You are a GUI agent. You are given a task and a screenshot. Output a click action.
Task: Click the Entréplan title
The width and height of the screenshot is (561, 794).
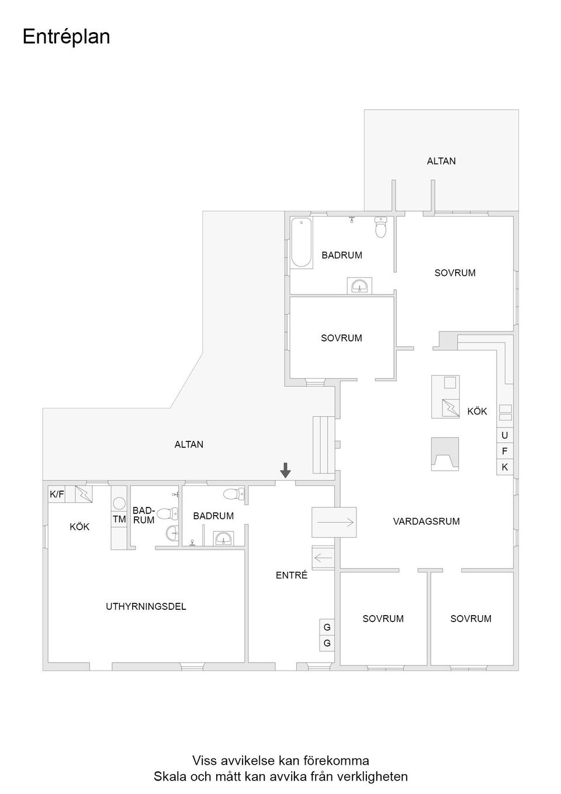pyautogui.click(x=66, y=37)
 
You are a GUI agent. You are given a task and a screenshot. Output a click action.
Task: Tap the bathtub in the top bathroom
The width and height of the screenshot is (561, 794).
pyautogui.click(x=302, y=242)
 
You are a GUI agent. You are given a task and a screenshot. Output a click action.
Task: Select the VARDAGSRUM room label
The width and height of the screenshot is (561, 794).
pyautogui.click(x=426, y=521)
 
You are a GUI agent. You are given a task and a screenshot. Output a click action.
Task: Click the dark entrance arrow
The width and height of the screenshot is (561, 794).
pyautogui.click(x=285, y=470)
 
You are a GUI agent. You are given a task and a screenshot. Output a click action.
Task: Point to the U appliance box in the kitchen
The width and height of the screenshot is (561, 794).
pyautogui.click(x=504, y=436)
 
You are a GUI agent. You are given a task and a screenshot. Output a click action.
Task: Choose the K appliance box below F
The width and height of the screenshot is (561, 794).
pyautogui.click(x=504, y=467)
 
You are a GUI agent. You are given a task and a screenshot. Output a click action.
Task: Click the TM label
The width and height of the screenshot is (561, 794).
pyautogui.click(x=119, y=519)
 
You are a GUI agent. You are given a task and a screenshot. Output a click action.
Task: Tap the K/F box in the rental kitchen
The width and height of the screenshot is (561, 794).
pyautogui.click(x=57, y=494)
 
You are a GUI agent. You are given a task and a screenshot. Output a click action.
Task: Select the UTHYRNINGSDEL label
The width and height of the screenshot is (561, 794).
pyautogui.click(x=146, y=606)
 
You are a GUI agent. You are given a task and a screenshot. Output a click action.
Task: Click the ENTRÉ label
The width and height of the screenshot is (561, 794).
pyautogui.click(x=292, y=575)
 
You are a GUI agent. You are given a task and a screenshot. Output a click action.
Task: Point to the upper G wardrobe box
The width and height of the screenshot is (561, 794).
pyautogui.click(x=327, y=627)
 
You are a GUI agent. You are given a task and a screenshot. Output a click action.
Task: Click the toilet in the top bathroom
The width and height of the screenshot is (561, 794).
pyautogui.click(x=381, y=228)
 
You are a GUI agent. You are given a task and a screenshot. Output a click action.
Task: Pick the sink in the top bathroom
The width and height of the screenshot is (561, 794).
pyautogui.click(x=359, y=286)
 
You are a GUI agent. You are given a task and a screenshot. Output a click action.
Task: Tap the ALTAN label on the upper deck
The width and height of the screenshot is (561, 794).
pyautogui.click(x=441, y=161)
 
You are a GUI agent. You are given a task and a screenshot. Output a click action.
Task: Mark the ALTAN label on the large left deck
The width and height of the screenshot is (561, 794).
pyautogui.click(x=189, y=444)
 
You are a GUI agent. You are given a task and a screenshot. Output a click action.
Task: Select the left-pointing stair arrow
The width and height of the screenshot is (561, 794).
pyautogui.click(x=323, y=558)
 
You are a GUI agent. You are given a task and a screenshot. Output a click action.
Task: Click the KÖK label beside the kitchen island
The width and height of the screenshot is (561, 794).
pyautogui.click(x=477, y=411)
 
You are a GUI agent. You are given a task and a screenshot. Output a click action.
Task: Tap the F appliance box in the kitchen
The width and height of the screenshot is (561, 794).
pyautogui.click(x=504, y=451)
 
